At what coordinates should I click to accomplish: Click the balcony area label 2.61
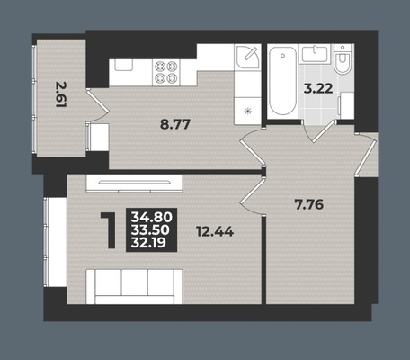[61, 94]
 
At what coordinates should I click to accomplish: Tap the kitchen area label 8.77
[175, 124]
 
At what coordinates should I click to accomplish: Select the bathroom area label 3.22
[318, 89]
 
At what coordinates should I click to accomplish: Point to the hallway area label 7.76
[309, 205]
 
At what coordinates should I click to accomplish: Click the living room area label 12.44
[215, 231]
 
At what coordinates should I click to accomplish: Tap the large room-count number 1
[110, 230]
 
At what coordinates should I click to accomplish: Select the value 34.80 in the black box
[152, 217]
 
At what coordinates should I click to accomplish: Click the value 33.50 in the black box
[150, 229]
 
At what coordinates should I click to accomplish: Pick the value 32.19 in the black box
[148, 242]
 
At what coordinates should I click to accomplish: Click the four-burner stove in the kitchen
[165, 72]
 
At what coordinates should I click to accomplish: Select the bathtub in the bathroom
[282, 82]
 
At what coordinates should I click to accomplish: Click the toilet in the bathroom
[343, 59]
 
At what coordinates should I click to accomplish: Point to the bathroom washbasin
[316, 54]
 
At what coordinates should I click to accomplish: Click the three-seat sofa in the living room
[135, 286]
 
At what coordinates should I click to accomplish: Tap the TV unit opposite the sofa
[134, 184]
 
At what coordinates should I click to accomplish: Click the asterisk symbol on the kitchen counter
[247, 112]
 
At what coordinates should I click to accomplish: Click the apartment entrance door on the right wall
[366, 153]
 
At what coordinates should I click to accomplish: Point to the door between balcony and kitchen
[97, 104]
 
